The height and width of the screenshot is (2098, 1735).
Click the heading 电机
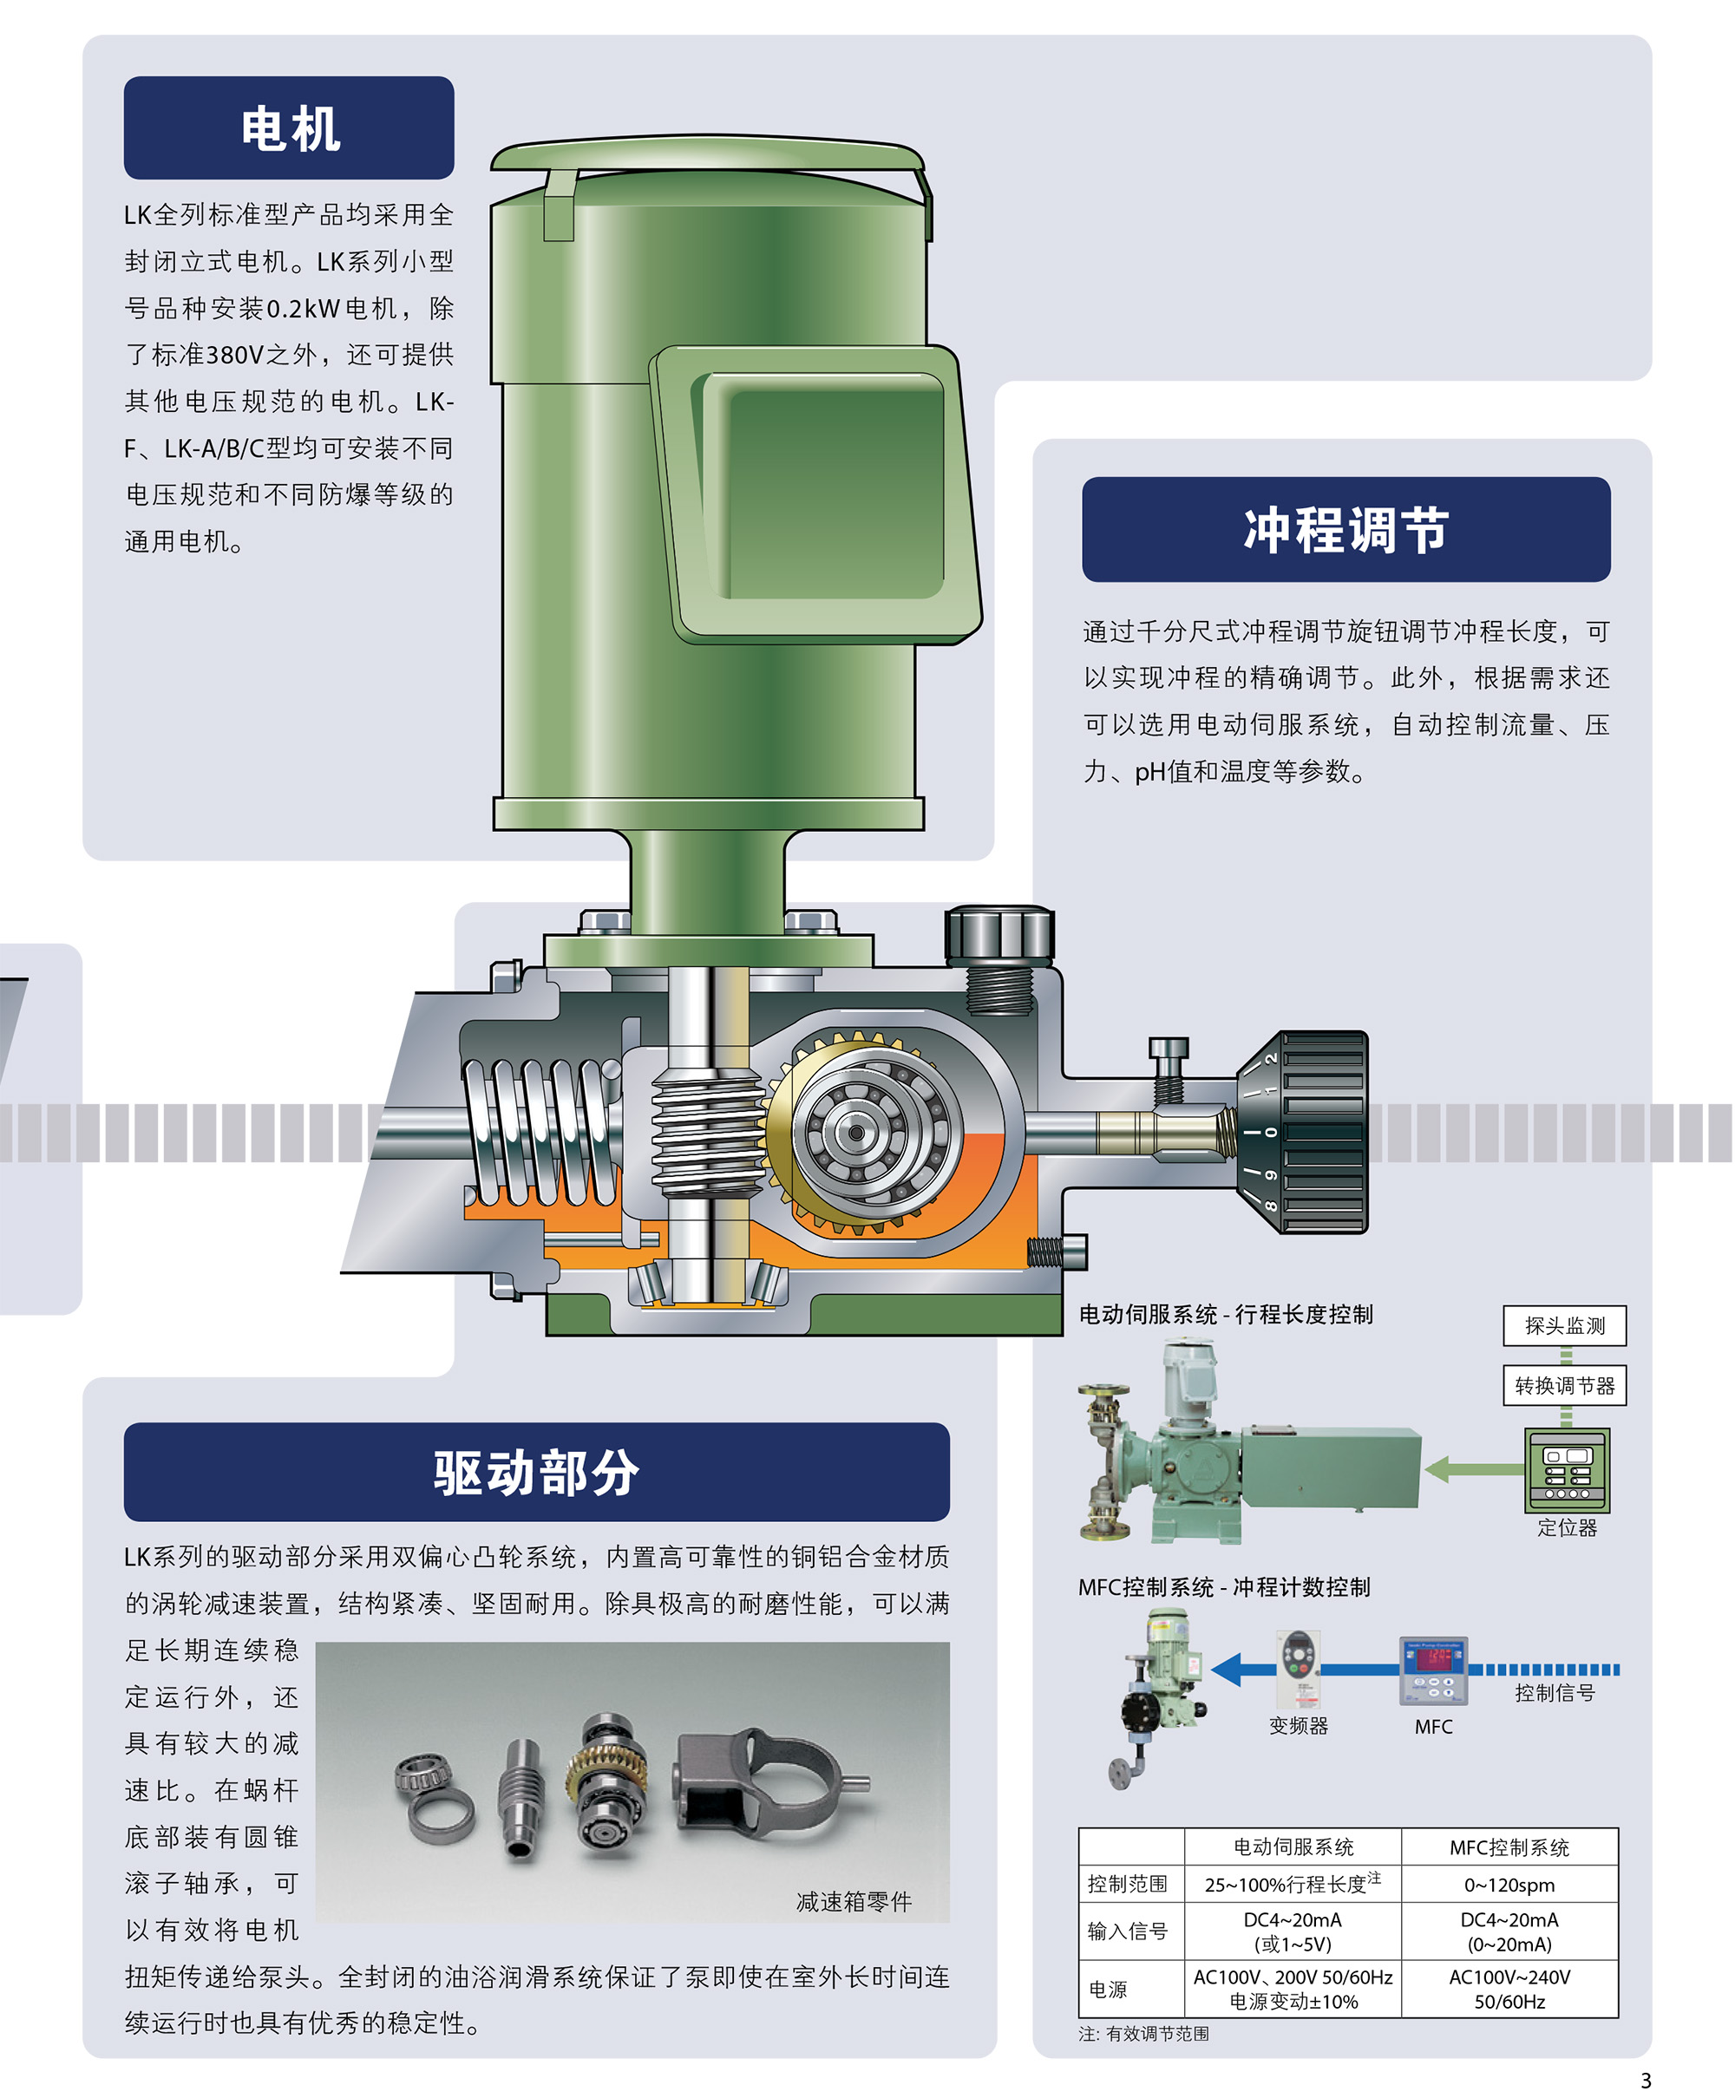pyautogui.click(x=289, y=129)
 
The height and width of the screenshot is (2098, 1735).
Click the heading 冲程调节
pyautogui.click(x=1345, y=530)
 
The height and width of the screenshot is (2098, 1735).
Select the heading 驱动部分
pyautogui.click(x=536, y=1472)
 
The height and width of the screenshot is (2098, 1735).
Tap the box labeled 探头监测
pyautogui.click(x=1564, y=1326)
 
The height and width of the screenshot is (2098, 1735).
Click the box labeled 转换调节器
pyautogui.click(x=1564, y=1386)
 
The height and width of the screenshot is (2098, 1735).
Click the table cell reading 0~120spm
pyautogui.click(x=1509, y=1886)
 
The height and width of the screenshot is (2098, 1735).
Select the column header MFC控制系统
pyautogui.click(x=1509, y=1848)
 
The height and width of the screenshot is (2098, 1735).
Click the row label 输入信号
pyautogui.click(x=1128, y=1931)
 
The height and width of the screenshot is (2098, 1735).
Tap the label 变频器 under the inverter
pyautogui.click(x=1299, y=1725)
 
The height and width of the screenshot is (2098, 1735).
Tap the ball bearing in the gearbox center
pyautogui.click(x=856, y=1132)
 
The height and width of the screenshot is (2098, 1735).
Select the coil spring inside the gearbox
pyautogui.click(x=540, y=1129)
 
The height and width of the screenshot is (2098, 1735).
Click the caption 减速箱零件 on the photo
pyautogui.click(x=854, y=1902)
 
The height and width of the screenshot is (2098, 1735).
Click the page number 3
pyautogui.click(x=1646, y=2081)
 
